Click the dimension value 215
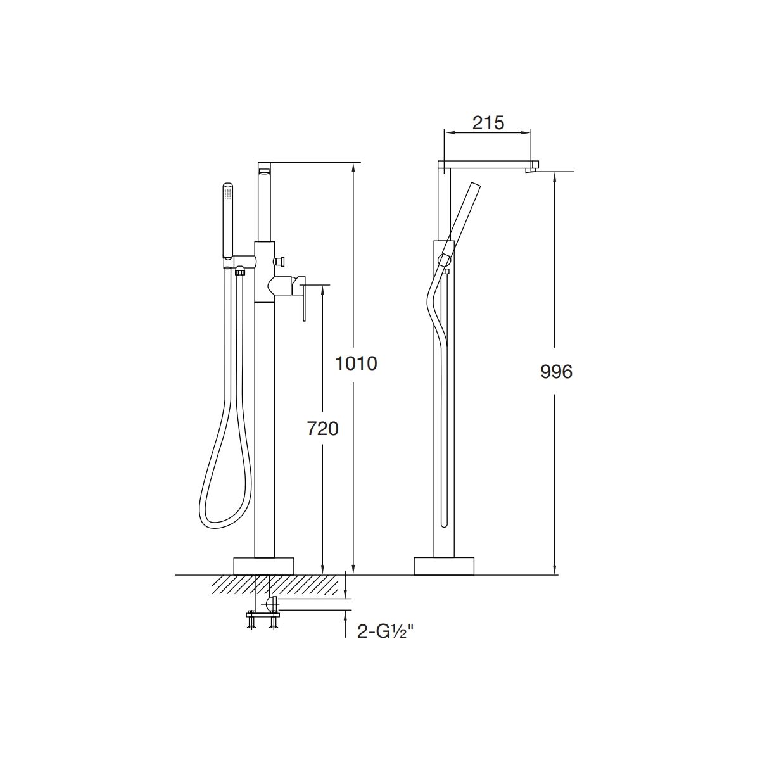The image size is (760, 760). point(488,123)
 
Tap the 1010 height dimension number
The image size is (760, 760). point(356,364)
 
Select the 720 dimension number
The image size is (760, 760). point(322,428)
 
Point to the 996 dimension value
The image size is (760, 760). point(556,372)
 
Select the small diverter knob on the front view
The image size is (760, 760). point(280,262)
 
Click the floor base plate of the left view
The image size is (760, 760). point(264,566)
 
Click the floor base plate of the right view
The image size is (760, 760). point(444,566)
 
